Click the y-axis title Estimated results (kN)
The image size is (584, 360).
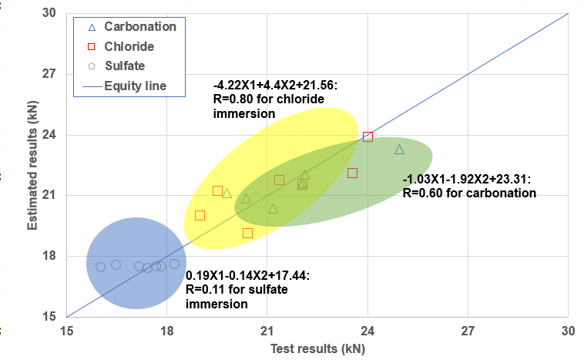tap(34, 163)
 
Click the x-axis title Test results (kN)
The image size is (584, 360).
tap(317, 348)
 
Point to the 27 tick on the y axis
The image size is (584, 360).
tap(50, 74)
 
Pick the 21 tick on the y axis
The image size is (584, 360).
tap(50, 195)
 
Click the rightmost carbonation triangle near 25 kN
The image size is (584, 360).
tap(399, 149)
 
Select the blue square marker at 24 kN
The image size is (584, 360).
tap(368, 136)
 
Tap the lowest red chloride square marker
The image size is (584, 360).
tap(247, 233)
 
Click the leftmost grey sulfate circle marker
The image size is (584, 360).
tap(100, 267)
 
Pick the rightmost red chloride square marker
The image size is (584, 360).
tap(352, 173)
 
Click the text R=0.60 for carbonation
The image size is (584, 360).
tap(468, 193)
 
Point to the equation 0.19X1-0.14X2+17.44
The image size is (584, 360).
tap(248, 274)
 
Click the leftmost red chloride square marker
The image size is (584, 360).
tap(200, 215)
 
